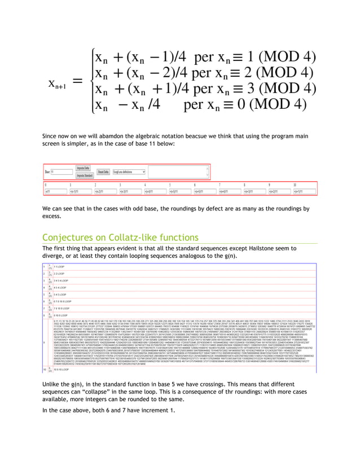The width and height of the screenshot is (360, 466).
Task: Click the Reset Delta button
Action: pyautogui.click(x=103, y=172)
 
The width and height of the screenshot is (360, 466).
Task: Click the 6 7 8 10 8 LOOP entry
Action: pyautogui.click(x=63, y=302)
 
